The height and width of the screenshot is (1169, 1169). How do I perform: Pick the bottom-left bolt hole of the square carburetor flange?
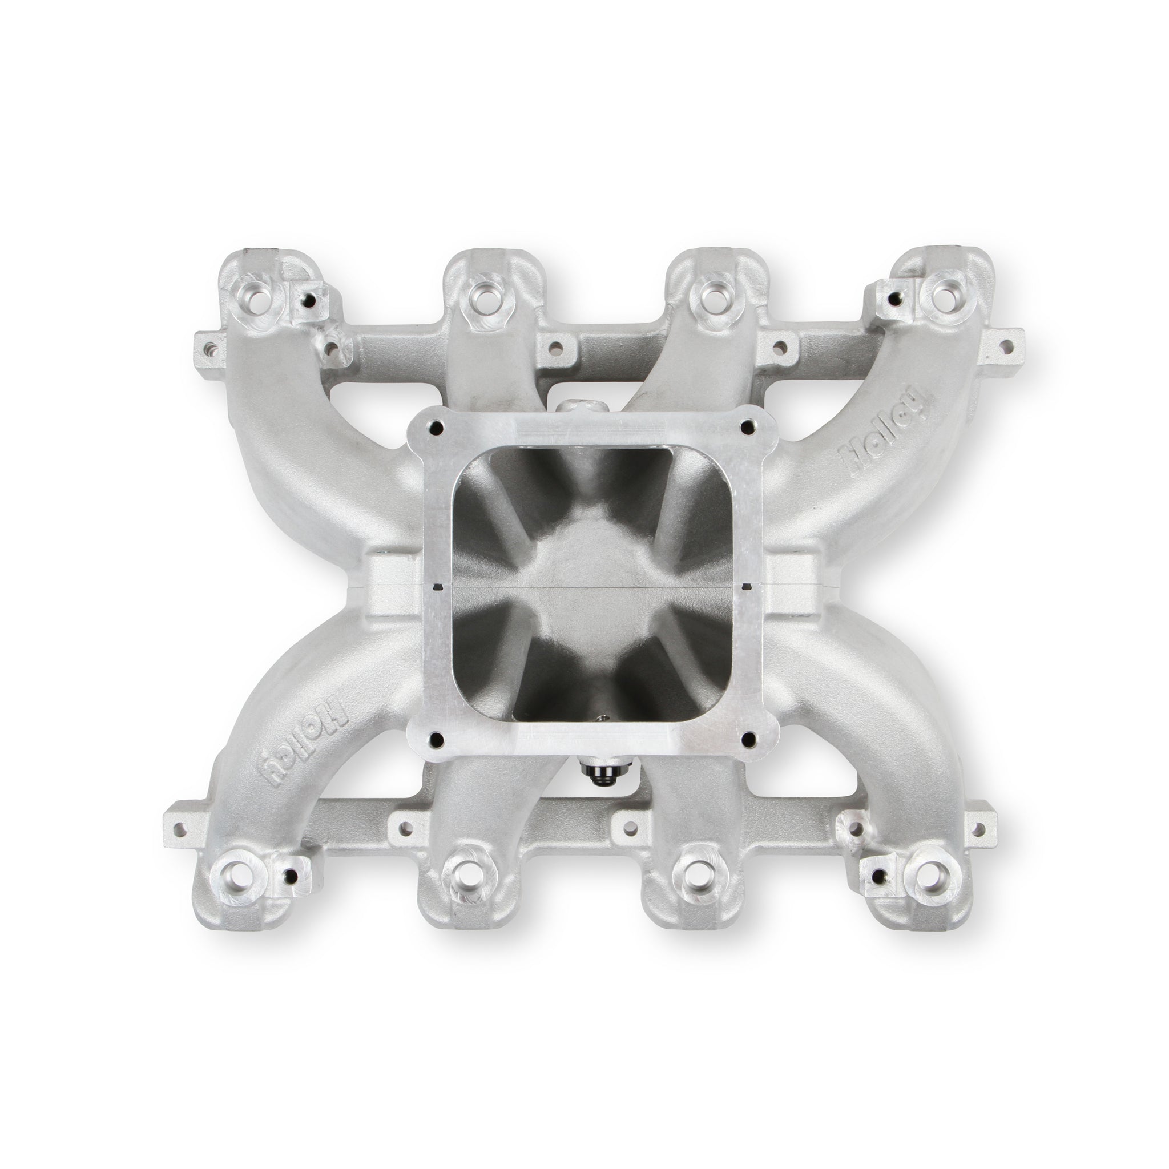click(x=437, y=739)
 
